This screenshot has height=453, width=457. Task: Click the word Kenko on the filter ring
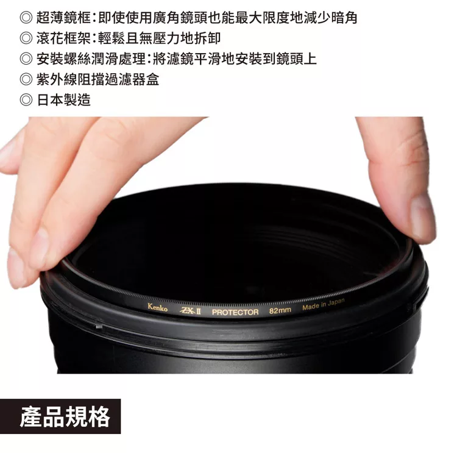point(157,307)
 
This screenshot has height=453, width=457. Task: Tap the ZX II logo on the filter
point(190,311)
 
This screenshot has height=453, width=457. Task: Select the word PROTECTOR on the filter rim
point(235,312)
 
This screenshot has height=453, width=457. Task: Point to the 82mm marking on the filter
point(280,311)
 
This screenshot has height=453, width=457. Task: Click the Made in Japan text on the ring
point(323,305)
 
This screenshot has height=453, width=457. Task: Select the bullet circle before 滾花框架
point(26,38)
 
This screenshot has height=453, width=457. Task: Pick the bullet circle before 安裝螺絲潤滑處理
point(26,59)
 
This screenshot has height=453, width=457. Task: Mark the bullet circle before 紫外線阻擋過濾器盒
point(26,79)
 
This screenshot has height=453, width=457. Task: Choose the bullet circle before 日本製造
point(26,100)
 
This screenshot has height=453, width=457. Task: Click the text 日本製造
point(63,100)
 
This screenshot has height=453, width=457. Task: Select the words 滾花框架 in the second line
point(63,38)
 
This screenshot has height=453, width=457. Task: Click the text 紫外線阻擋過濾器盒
point(97,79)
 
